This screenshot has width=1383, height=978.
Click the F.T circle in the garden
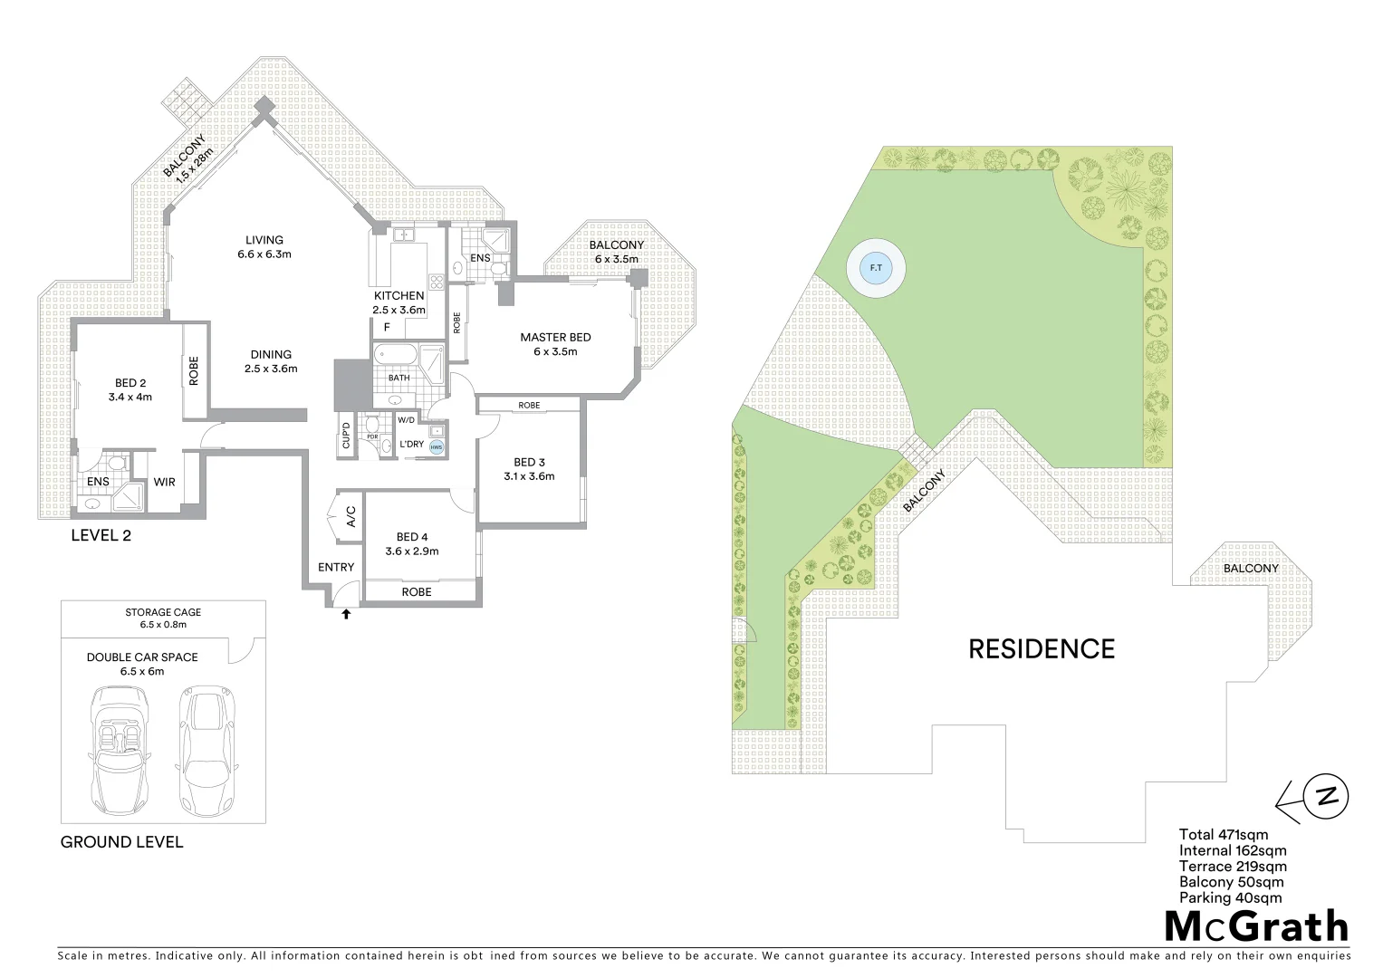click(875, 268)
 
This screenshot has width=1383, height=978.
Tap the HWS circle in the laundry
click(437, 447)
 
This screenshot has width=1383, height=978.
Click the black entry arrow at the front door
click(345, 615)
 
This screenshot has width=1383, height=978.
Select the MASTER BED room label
click(555, 337)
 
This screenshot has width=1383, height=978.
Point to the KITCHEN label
click(399, 295)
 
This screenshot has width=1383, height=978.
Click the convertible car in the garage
click(120, 750)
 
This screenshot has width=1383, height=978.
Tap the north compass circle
click(1326, 797)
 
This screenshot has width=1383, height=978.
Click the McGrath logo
click(1256, 926)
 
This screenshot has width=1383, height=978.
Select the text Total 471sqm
click(1224, 835)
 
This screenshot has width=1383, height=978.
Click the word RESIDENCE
click(1042, 649)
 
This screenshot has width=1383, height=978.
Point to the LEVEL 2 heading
click(101, 535)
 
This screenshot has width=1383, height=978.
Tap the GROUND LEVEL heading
click(121, 842)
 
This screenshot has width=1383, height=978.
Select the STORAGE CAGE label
click(163, 612)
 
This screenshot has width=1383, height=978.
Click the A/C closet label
click(350, 517)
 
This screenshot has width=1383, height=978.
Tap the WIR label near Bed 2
click(164, 482)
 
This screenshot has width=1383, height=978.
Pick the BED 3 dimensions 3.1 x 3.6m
click(529, 476)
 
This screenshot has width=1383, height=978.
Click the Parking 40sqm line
click(1230, 898)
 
